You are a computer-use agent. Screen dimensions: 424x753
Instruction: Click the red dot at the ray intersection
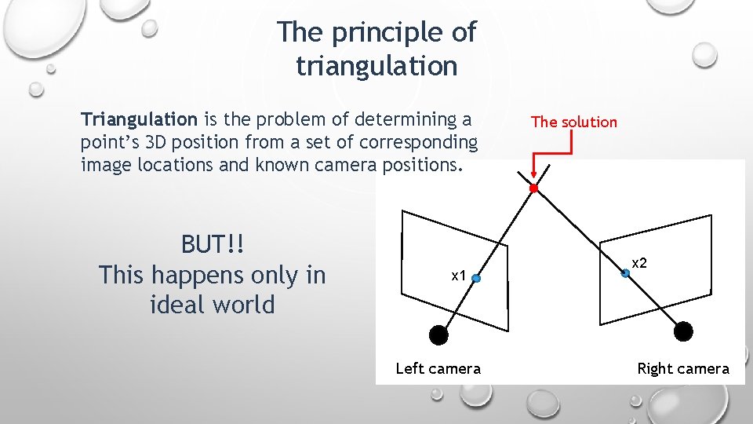533,188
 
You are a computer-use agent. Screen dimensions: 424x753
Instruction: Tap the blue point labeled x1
475,277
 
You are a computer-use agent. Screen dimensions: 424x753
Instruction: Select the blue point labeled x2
625,273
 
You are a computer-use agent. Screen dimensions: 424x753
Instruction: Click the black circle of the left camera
439,335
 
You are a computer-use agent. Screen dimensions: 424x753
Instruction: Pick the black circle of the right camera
684,331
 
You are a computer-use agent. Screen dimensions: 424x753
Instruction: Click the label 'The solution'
573,122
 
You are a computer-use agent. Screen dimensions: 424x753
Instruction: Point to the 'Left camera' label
438,368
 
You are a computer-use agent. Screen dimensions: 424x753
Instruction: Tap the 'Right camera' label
682,368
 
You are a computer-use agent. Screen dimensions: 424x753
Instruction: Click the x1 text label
458,276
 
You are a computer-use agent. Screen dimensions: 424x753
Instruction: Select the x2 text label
639,263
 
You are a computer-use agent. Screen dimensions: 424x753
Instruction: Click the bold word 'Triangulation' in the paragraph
139,119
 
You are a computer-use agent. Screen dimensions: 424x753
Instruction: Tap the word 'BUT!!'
213,244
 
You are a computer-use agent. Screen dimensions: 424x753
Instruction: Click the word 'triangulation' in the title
376,66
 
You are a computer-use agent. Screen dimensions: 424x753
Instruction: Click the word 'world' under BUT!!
244,304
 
